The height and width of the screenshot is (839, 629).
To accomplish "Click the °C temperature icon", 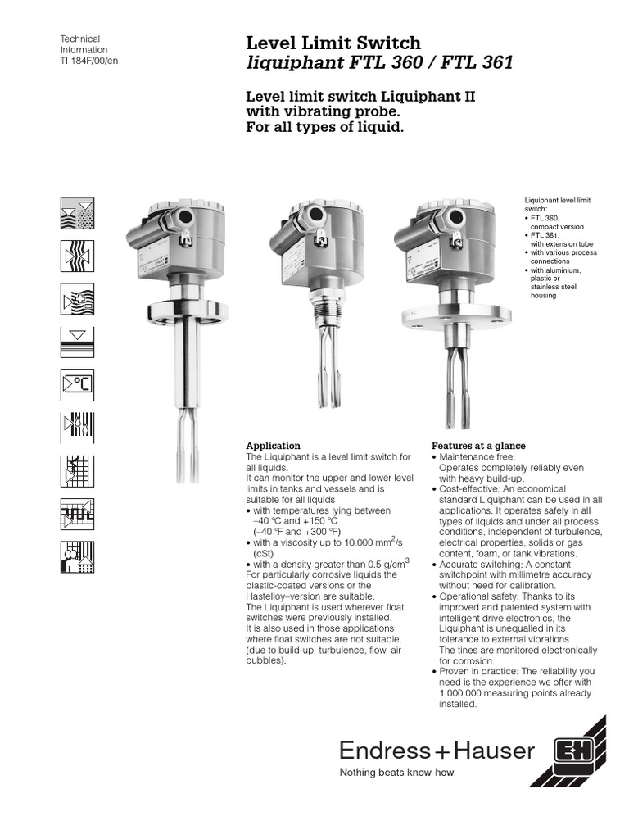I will click(78, 385).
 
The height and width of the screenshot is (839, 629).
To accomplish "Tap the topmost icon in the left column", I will click(78, 213).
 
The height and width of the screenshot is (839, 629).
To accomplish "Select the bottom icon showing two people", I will click(78, 556).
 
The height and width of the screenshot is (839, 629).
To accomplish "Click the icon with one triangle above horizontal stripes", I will click(78, 341).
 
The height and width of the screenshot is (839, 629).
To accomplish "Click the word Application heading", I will click(274, 446).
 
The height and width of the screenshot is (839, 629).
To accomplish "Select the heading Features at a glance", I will click(478, 446).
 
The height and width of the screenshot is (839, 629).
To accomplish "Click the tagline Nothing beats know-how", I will click(396, 773).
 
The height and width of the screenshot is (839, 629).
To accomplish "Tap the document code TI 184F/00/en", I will click(90, 61).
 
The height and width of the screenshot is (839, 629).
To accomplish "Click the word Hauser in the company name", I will click(496, 751).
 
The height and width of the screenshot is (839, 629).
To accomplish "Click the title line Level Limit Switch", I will click(333, 42).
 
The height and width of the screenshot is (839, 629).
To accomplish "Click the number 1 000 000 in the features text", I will click(465, 692).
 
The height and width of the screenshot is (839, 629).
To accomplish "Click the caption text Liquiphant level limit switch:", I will click(556, 204).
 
